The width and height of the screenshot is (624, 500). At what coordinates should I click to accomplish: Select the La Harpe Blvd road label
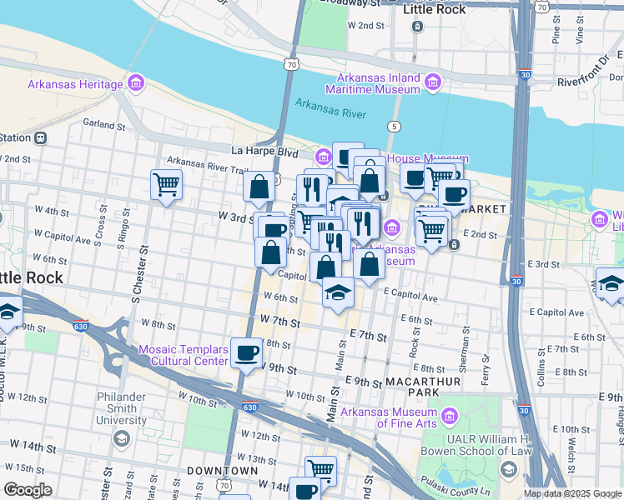coord(264,152)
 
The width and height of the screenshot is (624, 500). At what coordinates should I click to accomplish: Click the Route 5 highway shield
coord(393,126)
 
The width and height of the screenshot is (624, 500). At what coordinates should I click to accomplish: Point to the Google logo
coord(28,490)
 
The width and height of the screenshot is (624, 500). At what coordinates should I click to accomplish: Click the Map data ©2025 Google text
coord(572,493)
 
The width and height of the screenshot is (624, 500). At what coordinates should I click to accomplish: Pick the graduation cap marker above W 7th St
coord(338,292)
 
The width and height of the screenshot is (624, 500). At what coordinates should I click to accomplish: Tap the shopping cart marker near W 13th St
coord(320,469)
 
